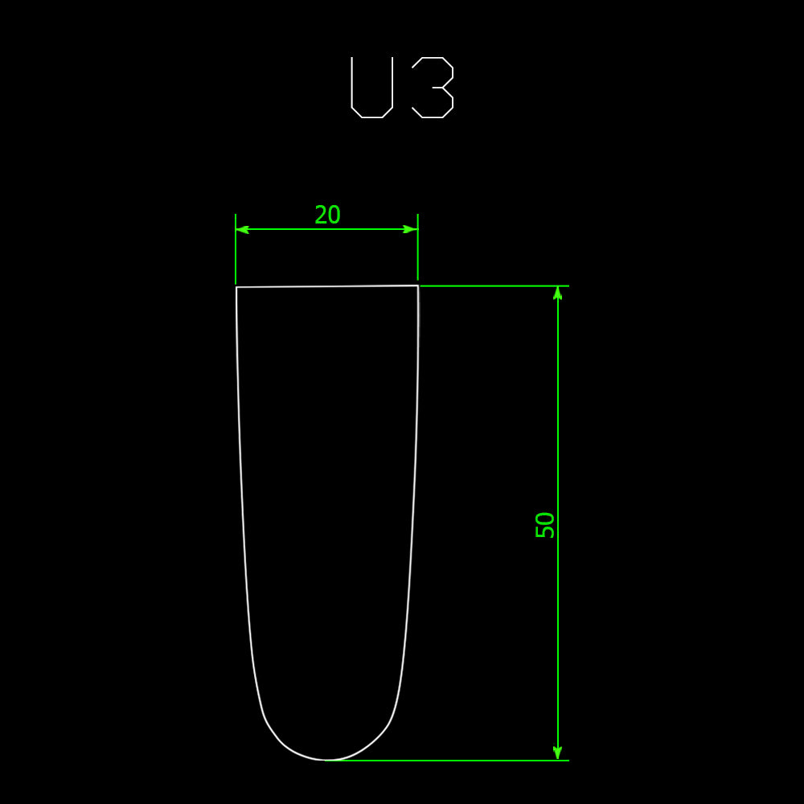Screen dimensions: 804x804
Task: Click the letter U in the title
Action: point(371,88)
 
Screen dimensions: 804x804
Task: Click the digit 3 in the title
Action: point(434,88)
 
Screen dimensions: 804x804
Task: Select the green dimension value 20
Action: point(327,215)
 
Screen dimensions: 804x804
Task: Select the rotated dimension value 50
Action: point(545,524)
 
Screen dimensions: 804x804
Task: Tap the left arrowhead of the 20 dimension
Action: point(242,229)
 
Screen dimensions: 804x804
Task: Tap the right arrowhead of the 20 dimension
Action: point(411,229)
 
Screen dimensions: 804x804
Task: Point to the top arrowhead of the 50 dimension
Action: point(557,293)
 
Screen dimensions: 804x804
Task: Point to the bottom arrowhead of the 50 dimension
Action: point(557,753)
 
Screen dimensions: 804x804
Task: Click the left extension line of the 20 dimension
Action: point(236,257)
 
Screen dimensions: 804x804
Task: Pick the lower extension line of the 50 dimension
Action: point(450,760)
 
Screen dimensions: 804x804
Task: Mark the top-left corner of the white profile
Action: point(236,287)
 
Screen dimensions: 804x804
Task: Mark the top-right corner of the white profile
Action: point(418,285)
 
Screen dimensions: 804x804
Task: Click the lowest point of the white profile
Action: point(326,760)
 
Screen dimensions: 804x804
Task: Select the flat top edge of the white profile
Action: point(327,286)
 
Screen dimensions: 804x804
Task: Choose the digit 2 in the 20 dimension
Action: point(320,215)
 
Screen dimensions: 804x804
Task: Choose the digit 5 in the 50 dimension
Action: point(545,531)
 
